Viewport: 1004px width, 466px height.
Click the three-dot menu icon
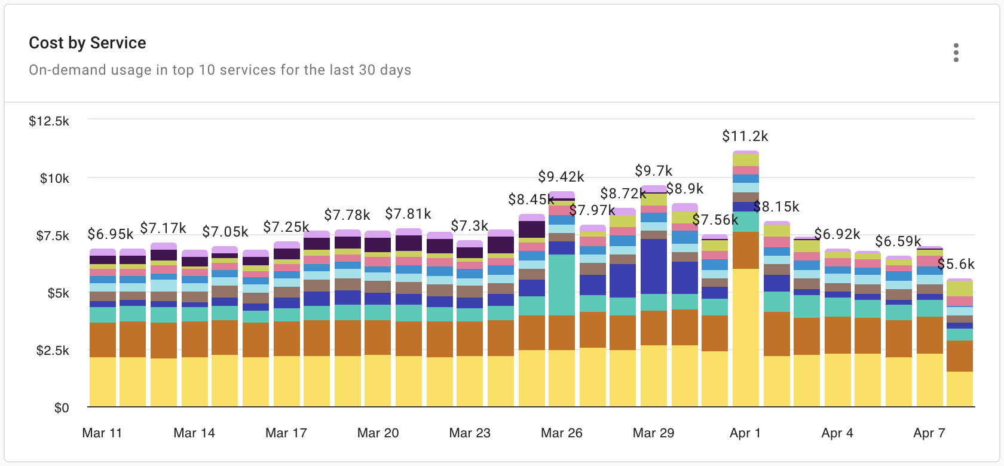(956, 53)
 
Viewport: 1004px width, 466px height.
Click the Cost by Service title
(87, 43)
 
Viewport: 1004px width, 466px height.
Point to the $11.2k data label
(745, 136)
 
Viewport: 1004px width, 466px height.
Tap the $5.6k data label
(956, 264)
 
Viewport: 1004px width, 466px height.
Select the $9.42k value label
(561, 177)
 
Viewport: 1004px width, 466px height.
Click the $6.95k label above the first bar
(110, 234)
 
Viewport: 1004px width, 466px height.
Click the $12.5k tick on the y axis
(49, 121)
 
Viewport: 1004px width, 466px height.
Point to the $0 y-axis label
(62, 408)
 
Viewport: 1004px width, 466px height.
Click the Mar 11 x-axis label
(102, 433)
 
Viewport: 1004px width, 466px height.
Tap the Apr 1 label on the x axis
(745, 433)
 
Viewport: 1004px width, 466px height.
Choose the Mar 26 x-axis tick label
(561, 433)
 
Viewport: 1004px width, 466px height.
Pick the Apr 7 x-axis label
(929, 433)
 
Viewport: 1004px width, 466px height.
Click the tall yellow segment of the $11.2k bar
(745, 338)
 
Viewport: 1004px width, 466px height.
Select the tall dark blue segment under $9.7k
(653, 266)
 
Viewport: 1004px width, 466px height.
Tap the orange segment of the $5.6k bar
(959, 356)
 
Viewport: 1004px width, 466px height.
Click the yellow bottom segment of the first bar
(102, 382)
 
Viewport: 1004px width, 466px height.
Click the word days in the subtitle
(397, 70)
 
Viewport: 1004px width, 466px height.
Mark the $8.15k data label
(776, 207)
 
